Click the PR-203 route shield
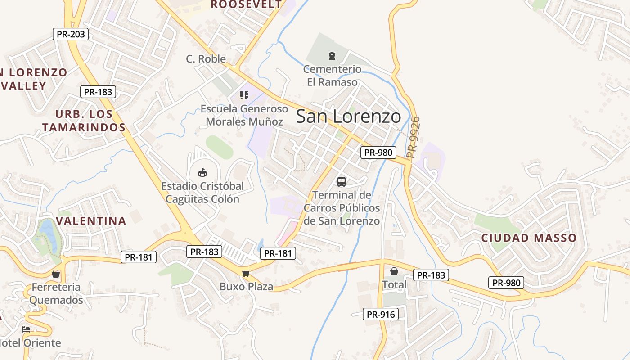click(x=71, y=34)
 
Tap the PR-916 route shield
click(x=381, y=314)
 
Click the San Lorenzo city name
click(x=348, y=117)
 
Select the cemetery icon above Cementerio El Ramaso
click(x=332, y=56)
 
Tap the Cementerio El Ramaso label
click(x=332, y=76)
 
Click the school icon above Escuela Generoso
click(x=244, y=95)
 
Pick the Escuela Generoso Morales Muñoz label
click(x=244, y=115)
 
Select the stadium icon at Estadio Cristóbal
click(x=202, y=173)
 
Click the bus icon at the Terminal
click(x=342, y=182)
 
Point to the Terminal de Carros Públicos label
click(x=342, y=208)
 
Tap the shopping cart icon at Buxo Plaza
click(x=246, y=273)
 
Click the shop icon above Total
click(x=394, y=271)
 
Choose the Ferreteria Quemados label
click(x=56, y=293)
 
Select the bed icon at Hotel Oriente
click(x=26, y=330)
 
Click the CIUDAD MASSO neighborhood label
click(x=529, y=238)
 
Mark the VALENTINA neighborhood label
click(x=91, y=221)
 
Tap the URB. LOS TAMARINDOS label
click(x=84, y=121)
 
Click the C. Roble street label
click(x=206, y=59)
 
